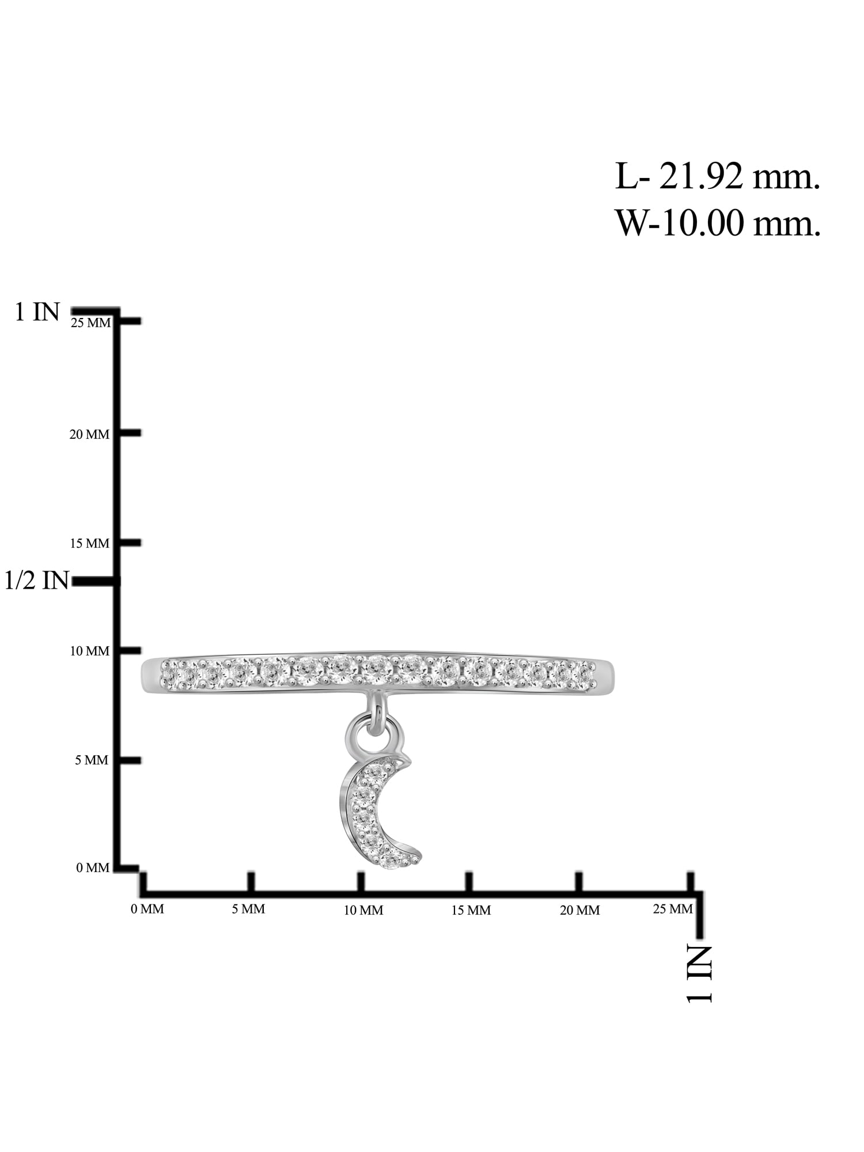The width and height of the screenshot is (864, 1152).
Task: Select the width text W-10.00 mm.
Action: pyautogui.click(x=718, y=222)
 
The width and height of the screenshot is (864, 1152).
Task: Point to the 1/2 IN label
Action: pyautogui.click(x=37, y=580)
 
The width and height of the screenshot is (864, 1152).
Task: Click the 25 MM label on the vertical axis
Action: pyautogui.click(x=90, y=323)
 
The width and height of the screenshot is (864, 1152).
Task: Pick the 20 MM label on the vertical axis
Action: pyautogui.click(x=89, y=434)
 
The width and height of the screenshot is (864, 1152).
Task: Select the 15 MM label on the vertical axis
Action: pyautogui.click(x=89, y=543)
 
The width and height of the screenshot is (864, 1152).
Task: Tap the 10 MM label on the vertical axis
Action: pyautogui.click(x=89, y=651)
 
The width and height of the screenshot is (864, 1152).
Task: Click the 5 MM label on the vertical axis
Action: pyautogui.click(x=92, y=760)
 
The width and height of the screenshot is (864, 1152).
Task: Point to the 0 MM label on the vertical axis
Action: pyautogui.click(x=92, y=868)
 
